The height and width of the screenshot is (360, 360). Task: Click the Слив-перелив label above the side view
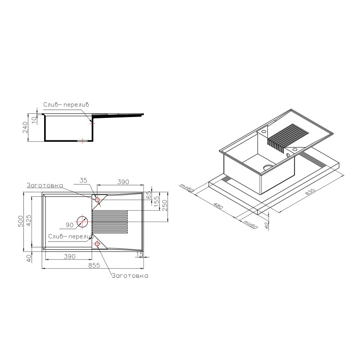pyautogui.click(x=66, y=105)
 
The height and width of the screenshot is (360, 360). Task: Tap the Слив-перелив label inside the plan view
pyautogui.click(x=70, y=236)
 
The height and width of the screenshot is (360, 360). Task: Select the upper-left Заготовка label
pyautogui.click(x=45, y=185)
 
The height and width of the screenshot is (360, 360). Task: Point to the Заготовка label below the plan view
pyautogui.click(x=130, y=276)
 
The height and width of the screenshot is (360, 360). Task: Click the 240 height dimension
pyautogui.click(x=25, y=127)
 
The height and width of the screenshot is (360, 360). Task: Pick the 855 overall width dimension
pyautogui.click(x=94, y=265)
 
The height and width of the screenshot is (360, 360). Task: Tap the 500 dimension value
pyautogui.click(x=21, y=221)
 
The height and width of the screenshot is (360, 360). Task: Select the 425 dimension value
pyautogui.click(x=28, y=220)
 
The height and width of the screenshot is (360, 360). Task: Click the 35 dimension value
pyautogui.click(x=83, y=180)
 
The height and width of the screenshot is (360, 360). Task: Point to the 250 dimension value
pyautogui.click(x=165, y=206)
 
